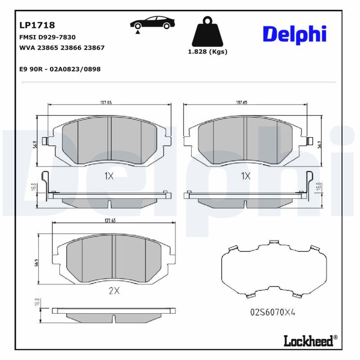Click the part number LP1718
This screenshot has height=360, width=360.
pos(37,26)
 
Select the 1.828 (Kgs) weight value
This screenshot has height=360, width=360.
pos(207,52)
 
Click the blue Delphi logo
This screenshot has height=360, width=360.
pos(294,35)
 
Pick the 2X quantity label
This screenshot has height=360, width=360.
pos(114,291)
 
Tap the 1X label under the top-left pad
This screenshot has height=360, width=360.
pos(109,176)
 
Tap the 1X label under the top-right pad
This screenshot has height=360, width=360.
pos(245,176)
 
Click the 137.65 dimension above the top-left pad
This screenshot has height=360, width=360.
pos(106,103)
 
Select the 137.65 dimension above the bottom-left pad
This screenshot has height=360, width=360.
pos(110,220)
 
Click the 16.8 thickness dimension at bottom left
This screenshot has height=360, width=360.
pos(36,303)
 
